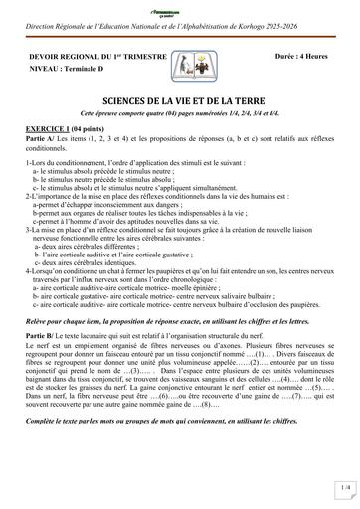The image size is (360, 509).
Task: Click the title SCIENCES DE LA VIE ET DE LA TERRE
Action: click(x=179, y=101)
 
